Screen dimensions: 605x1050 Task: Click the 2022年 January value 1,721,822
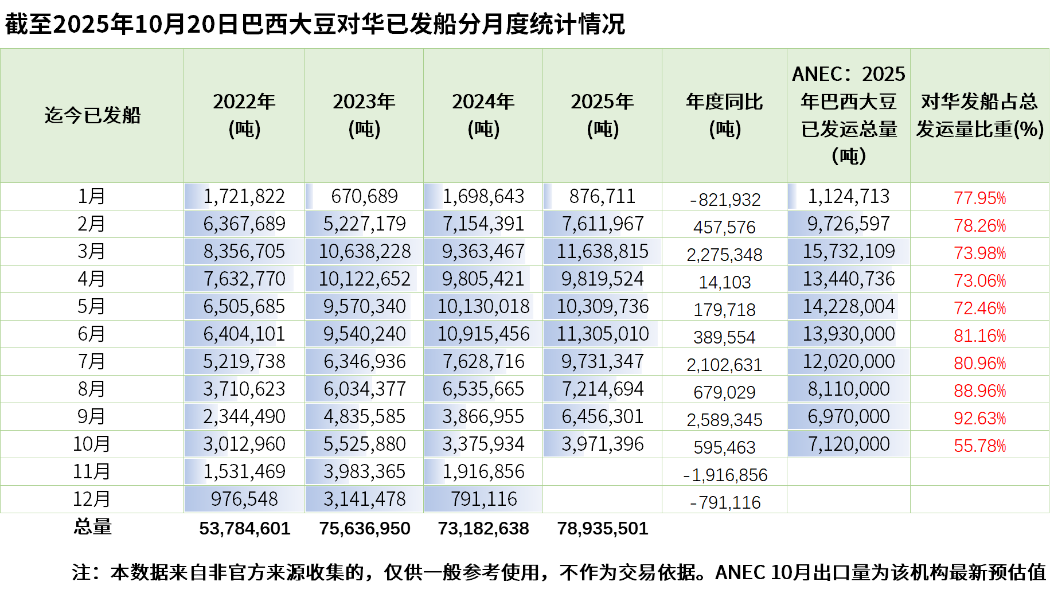tap(244, 196)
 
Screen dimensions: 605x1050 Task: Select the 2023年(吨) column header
tap(364, 115)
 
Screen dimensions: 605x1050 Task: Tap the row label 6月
tap(91, 334)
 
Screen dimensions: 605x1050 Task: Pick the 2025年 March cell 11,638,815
tap(602, 251)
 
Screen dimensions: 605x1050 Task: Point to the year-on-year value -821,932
tap(725, 199)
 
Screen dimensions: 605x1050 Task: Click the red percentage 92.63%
tap(979, 418)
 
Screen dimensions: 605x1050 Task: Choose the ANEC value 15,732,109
tap(848, 251)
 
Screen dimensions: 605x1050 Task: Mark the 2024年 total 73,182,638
tap(483, 528)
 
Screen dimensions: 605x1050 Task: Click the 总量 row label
tap(92, 526)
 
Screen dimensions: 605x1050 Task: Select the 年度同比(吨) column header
tap(724, 115)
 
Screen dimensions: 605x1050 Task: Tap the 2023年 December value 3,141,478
tap(364, 499)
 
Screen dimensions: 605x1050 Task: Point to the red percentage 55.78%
tap(979, 446)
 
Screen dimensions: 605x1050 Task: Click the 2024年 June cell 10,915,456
tap(483, 334)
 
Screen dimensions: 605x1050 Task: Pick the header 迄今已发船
tap(92, 115)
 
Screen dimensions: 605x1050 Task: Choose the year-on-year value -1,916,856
tap(725, 474)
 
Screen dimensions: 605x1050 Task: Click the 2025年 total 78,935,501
tap(602, 528)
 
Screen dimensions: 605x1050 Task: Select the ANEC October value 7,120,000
tap(848, 444)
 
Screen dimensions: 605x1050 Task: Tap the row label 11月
tap(91, 471)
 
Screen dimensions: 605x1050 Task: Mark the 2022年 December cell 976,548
tap(244, 499)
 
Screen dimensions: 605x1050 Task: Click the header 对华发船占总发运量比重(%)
tap(979, 115)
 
